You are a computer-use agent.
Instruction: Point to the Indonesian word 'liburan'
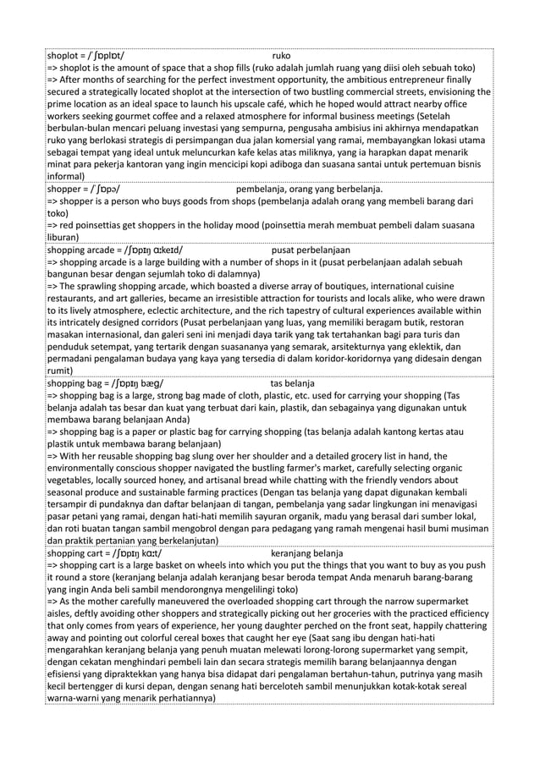coord(65,239)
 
